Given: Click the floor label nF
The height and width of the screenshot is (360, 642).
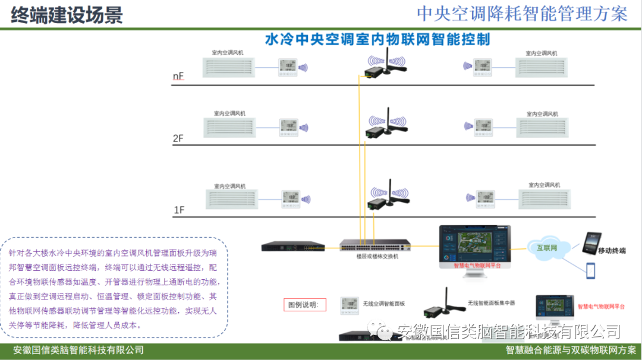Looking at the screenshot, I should point(178,77).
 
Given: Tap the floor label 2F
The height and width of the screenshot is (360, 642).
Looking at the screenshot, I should point(178,138).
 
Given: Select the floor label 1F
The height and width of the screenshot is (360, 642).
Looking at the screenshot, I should point(179,210).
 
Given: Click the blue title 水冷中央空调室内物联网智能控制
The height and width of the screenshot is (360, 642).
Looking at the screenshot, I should point(377,40).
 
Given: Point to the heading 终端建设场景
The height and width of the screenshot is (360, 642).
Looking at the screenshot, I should point(67,14).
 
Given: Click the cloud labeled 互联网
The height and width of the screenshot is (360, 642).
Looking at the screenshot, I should point(547,248).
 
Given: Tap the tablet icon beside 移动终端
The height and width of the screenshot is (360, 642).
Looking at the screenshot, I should point(591,243).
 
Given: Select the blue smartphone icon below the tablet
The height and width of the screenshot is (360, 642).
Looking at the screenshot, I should point(591,270).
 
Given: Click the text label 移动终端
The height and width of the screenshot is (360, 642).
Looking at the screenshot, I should point(612,251).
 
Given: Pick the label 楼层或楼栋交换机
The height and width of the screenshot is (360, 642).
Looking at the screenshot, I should point(377,257).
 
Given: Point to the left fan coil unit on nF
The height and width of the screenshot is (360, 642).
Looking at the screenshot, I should point(228,67).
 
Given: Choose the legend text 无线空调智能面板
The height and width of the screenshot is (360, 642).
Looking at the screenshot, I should point(384,304).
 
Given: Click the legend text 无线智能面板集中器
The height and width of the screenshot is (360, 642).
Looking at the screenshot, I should point(491,303).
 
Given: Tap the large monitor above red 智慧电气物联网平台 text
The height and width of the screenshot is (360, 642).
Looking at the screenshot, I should point(474,242).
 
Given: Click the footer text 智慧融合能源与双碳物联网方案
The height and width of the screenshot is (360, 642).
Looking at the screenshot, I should point(571,350).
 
